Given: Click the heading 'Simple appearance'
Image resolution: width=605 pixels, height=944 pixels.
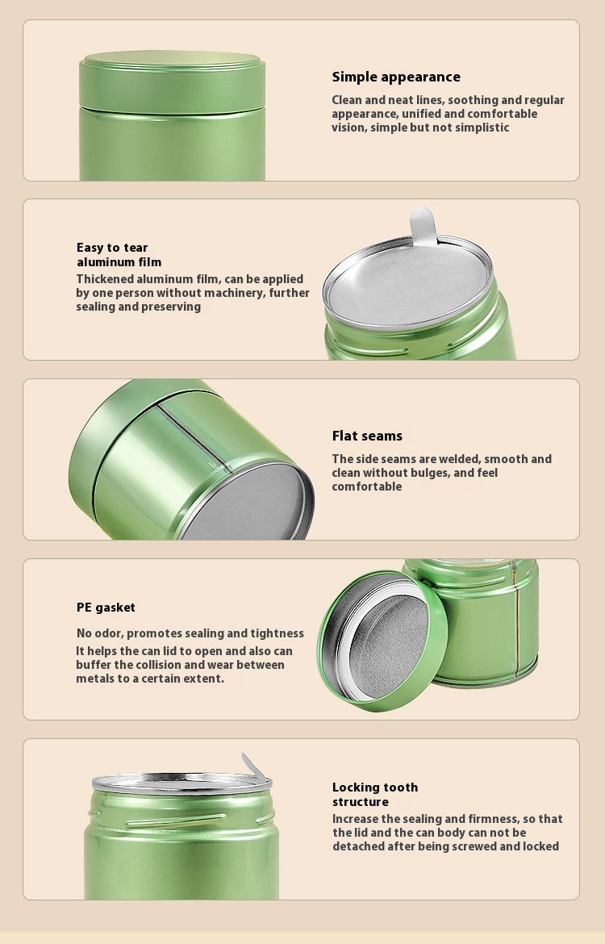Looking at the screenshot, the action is pyautogui.click(x=396, y=77).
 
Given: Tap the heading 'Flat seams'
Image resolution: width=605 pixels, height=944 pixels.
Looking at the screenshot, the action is pyautogui.click(x=367, y=436).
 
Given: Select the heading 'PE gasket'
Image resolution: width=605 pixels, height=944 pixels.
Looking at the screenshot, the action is pyautogui.click(x=106, y=608).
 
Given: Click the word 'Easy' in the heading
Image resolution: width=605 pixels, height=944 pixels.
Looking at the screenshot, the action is pyautogui.click(x=90, y=248).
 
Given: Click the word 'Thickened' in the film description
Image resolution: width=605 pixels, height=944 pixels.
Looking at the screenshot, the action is pyautogui.click(x=105, y=279).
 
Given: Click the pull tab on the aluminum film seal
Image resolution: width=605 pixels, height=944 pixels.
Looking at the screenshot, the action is pyautogui.click(x=423, y=226).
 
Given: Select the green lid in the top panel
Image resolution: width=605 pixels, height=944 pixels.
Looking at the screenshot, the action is pyautogui.click(x=172, y=81).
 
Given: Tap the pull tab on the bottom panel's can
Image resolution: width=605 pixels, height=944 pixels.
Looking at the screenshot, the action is pyautogui.click(x=255, y=766).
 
